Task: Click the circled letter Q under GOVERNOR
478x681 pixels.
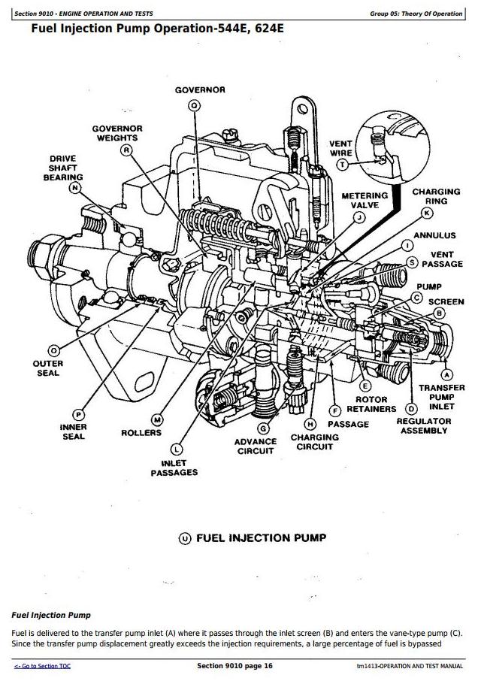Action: coord(195,106)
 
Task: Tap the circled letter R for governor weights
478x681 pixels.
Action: coord(128,150)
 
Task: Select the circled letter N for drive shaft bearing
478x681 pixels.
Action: coord(75,188)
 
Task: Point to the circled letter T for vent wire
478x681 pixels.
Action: coord(343,164)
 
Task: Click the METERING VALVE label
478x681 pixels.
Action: coord(365,200)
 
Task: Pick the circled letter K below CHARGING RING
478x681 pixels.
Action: coord(428,213)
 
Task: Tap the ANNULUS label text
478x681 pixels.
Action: coord(434,235)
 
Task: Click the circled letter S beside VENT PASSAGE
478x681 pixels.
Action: coord(412,262)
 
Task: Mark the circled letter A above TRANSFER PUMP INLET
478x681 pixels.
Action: coord(447,374)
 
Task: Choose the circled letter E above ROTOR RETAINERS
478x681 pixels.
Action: coord(366,386)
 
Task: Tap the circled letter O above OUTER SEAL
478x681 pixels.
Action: coord(53,350)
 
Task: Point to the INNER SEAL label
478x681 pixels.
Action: coord(74,431)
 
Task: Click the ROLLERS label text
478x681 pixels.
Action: coord(141,433)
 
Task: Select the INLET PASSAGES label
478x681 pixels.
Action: coord(174,468)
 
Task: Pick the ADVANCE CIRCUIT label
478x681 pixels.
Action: coord(256,446)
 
